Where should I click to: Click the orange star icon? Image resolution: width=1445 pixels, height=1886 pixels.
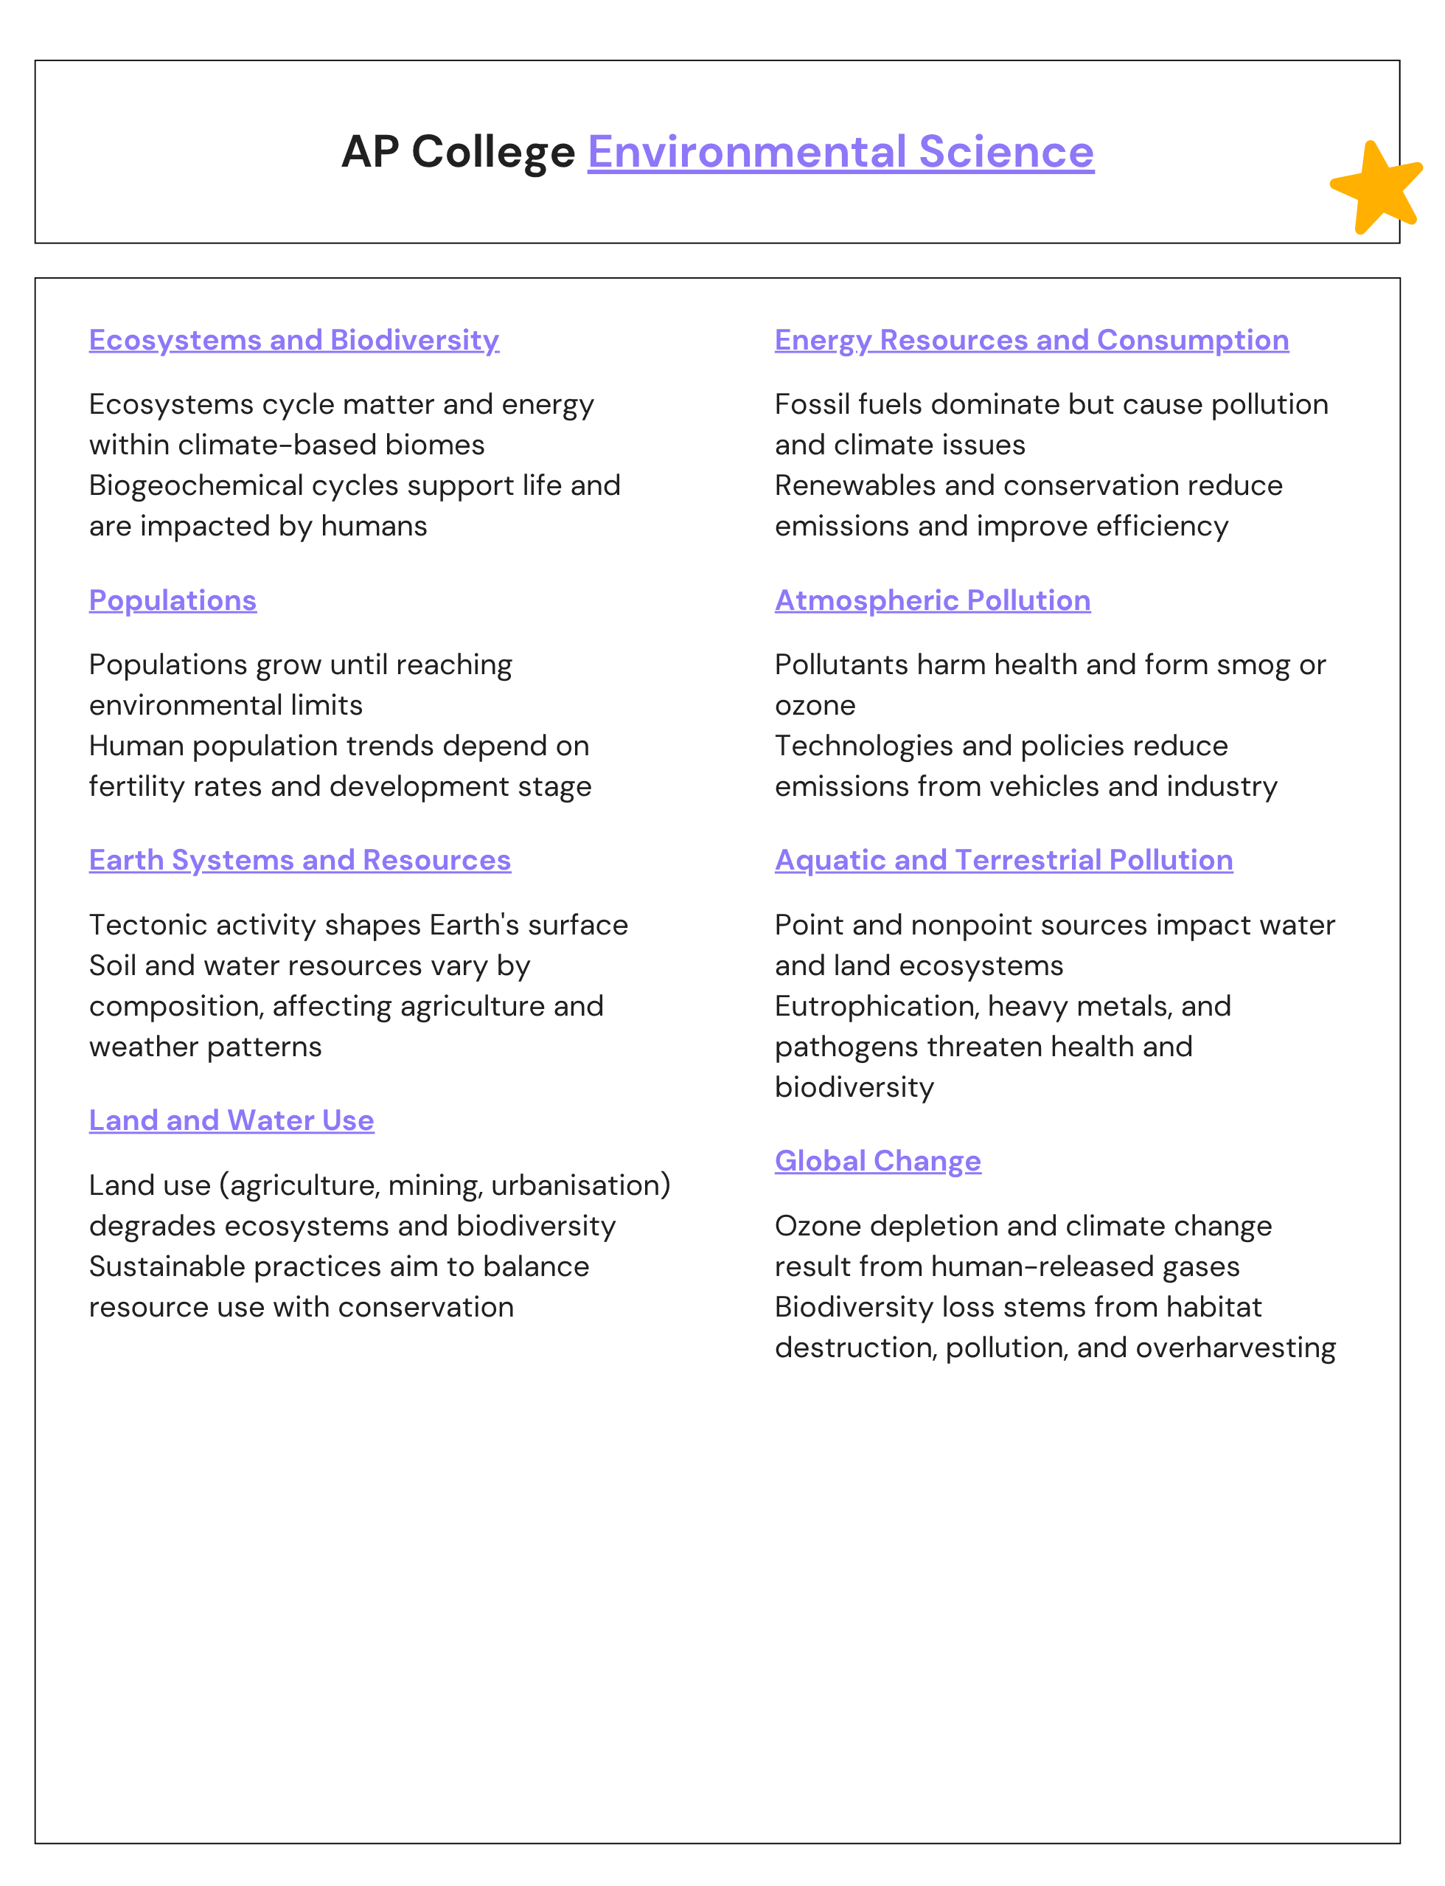click(x=1376, y=188)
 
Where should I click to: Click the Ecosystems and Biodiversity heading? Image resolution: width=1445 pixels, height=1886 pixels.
click(x=293, y=340)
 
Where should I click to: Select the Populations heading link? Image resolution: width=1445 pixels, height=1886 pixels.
click(x=172, y=600)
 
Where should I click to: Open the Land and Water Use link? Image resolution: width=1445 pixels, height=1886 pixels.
click(x=231, y=1120)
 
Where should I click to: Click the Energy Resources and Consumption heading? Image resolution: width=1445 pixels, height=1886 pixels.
click(x=1031, y=340)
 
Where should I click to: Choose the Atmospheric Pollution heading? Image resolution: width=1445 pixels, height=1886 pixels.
click(x=933, y=600)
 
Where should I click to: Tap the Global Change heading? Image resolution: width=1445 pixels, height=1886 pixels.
click(x=877, y=1161)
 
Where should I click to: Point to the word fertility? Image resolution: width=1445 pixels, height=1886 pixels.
click(x=134, y=786)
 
